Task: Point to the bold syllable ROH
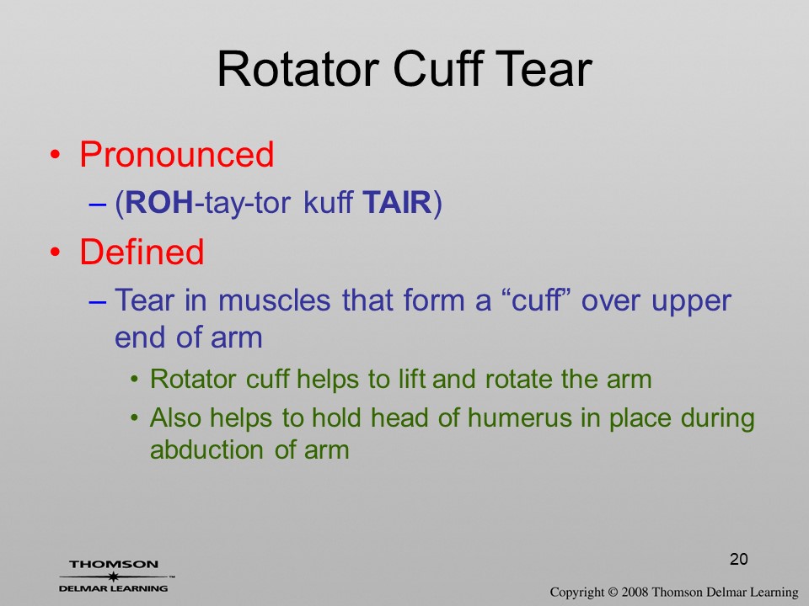159,202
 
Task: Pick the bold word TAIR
397,202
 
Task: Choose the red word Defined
142,252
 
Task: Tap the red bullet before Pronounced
56,155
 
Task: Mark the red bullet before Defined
56,252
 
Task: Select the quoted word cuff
536,300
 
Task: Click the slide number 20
739,559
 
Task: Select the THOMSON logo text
114,564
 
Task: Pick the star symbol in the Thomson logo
114,577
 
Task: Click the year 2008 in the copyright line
635,592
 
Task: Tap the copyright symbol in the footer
613,592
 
